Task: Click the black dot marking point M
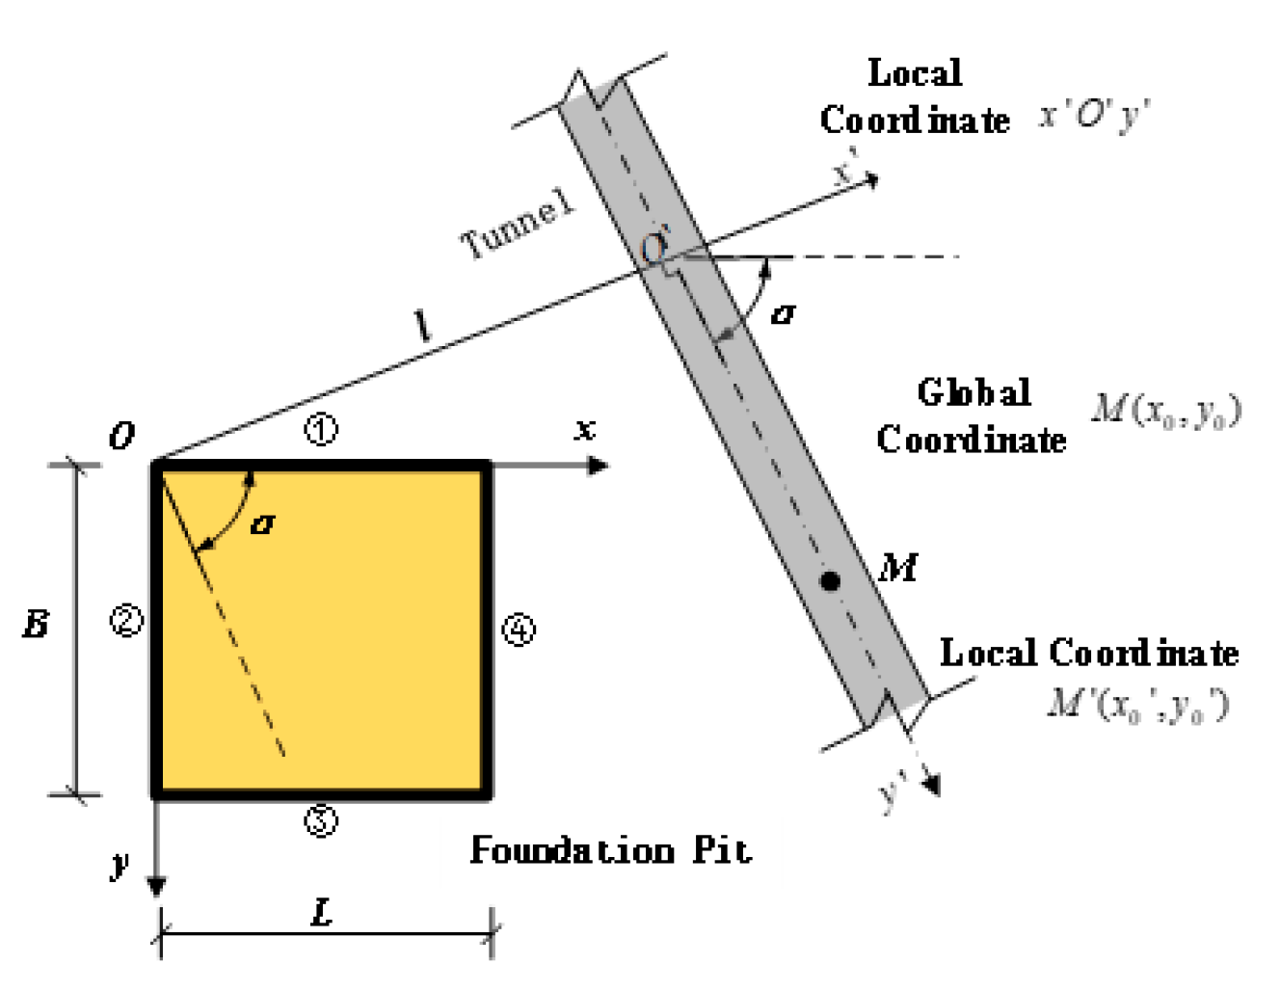[x=830, y=580]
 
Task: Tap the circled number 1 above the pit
[x=321, y=429]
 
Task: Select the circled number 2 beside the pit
[x=126, y=620]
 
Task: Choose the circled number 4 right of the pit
[x=519, y=630]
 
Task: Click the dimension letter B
[x=36, y=625]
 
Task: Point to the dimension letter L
[x=323, y=911]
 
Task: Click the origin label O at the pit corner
[x=122, y=437]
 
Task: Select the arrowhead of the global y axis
[x=156, y=885]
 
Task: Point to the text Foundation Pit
[x=610, y=850]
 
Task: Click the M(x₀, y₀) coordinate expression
[x=1166, y=410]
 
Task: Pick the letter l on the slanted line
[x=422, y=328]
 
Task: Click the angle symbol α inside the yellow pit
[x=262, y=523]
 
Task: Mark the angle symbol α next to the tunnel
[x=783, y=313]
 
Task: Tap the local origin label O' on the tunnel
[x=655, y=246]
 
